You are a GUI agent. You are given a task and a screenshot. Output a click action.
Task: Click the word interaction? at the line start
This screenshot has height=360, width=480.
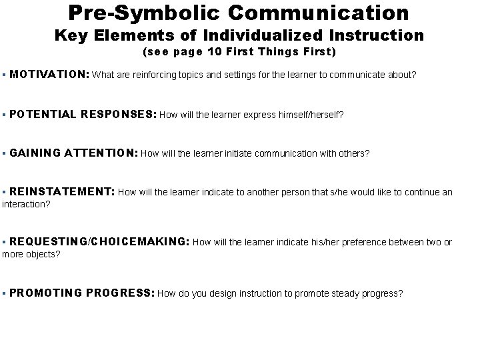[x=26, y=204]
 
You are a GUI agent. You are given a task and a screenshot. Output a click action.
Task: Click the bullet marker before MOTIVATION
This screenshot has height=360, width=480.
[x=5, y=75]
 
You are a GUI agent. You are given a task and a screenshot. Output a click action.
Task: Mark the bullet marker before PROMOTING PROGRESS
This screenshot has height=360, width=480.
[x=5, y=293]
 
